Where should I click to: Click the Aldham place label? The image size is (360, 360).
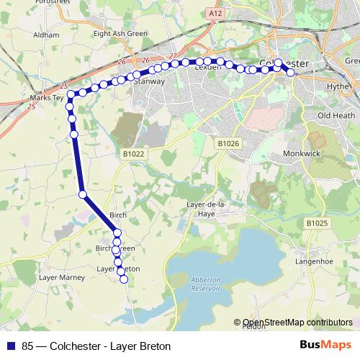tap(45, 35)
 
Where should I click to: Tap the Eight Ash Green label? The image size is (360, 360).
tap(120, 34)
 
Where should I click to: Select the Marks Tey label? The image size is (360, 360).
tap(43, 97)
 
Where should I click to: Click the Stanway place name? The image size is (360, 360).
tap(150, 82)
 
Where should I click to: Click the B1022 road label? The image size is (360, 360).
tap(133, 153)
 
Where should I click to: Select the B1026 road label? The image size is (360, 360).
tap(228, 144)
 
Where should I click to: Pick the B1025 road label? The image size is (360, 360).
tap(317, 223)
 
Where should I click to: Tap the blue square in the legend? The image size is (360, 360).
tap(11, 346)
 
